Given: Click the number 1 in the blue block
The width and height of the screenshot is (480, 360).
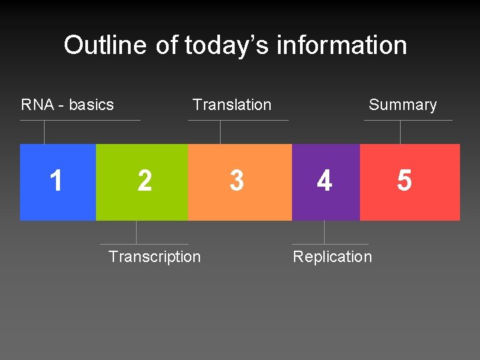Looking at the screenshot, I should pos(57,181).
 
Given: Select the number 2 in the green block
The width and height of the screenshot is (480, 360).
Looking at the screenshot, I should pos(144,181).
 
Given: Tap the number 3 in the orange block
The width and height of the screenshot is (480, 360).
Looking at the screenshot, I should pos(237,181).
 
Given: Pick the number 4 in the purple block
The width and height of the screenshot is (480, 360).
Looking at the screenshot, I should pos(325,181).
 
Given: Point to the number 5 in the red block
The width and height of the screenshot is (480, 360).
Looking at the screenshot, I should pos(404,181).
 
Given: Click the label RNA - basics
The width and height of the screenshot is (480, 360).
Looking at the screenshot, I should pos(67,105).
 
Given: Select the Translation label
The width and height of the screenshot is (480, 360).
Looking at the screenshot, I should pos(232,105).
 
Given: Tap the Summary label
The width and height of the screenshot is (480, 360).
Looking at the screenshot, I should pos(403,105).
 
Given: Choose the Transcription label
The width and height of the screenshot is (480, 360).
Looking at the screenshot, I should pos(154,257).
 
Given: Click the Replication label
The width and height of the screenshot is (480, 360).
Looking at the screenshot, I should pos(332,257).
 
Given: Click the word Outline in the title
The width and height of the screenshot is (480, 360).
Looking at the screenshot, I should pos(105,45).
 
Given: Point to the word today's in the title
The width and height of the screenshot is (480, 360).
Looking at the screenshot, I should pos(227,45).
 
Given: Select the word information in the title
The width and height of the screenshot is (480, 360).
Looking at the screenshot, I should pos(341,45).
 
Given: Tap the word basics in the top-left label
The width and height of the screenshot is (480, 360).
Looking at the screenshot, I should pos(91,105).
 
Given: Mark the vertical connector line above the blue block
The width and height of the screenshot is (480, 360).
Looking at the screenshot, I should pos(45,132).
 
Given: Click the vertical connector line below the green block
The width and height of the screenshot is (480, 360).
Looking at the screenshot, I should pos(137,232).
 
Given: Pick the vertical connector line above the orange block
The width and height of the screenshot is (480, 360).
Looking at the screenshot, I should pos(221,132).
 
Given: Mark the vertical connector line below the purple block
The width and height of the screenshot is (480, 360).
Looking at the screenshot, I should pos(325,232).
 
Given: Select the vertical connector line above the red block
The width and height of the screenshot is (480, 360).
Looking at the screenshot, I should pos(400,132).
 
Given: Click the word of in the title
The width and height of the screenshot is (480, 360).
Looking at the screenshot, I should pos(166,45).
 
